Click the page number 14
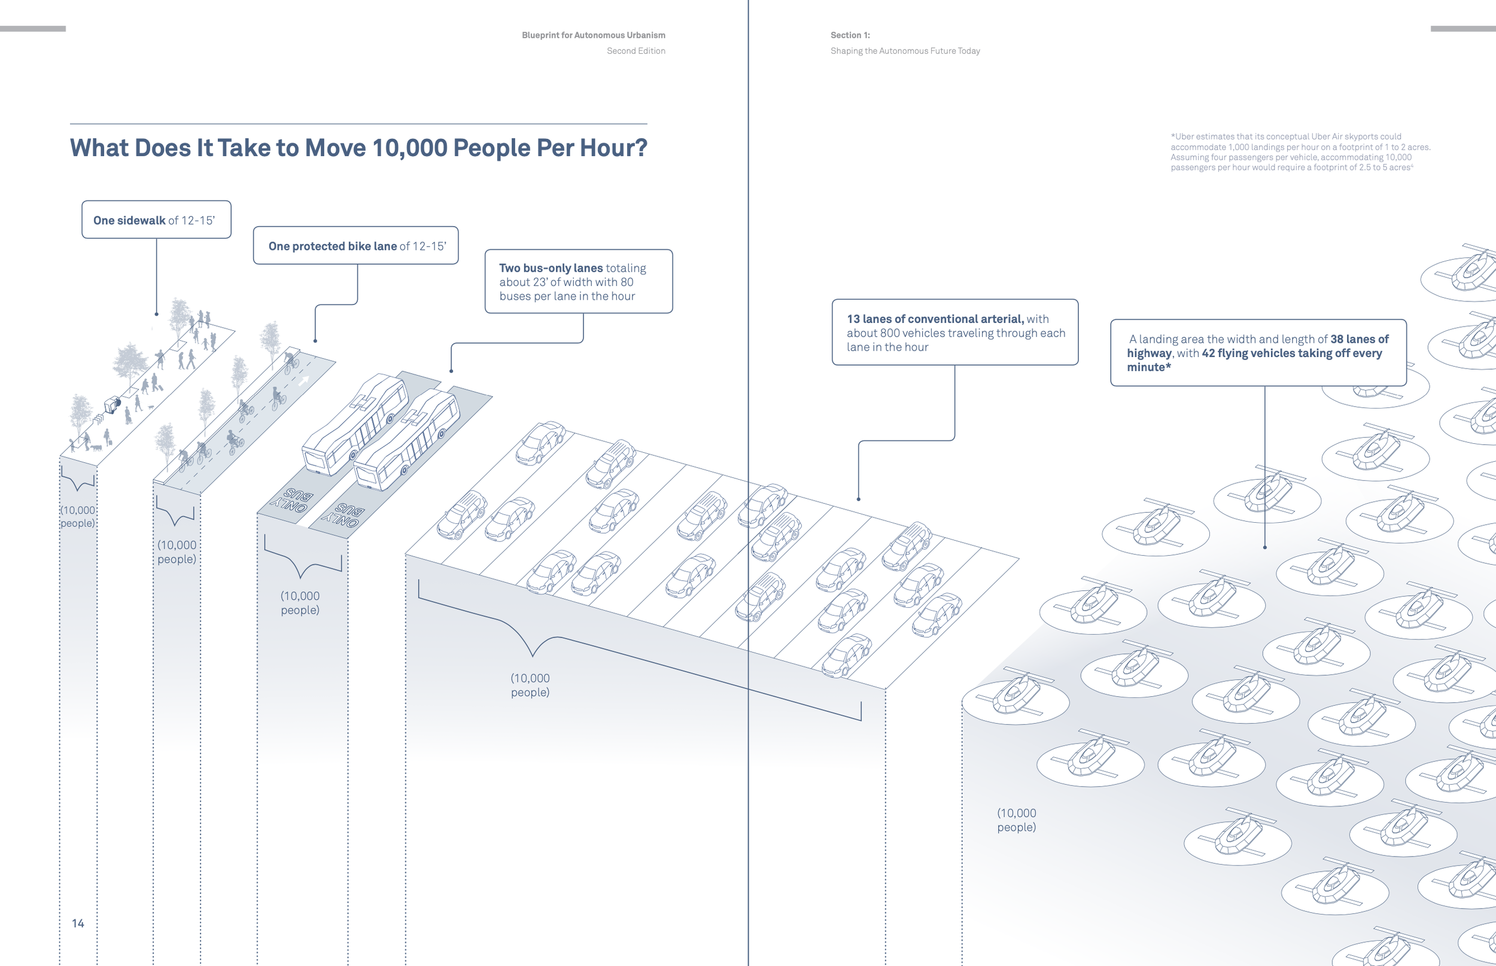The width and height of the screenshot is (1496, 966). pyautogui.click(x=78, y=923)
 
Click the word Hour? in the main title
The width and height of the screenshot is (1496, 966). pyautogui.click(x=613, y=148)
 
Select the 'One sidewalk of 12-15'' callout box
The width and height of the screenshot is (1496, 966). pyautogui.click(x=156, y=220)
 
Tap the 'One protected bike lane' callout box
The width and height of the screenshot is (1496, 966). pyautogui.click(x=356, y=245)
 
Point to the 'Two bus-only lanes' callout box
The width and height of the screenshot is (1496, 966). pyautogui.click(x=578, y=282)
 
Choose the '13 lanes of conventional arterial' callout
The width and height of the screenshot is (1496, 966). pyautogui.click(x=954, y=333)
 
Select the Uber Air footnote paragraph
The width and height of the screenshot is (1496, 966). pyautogui.click(x=1300, y=152)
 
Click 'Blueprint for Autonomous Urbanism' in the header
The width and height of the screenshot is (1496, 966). pyautogui.click(x=593, y=35)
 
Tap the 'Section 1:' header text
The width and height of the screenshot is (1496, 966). pyautogui.click(x=850, y=35)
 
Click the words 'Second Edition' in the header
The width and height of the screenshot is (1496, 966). pyautogui.click(x=636, y=51)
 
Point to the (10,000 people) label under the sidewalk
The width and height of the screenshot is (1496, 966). pyautogui.click(x=78, y=516)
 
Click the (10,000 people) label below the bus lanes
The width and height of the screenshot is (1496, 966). pyautogui.click(x=300, y=603)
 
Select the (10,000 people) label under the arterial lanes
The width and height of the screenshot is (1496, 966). pyautogui.click(x=530, y=685)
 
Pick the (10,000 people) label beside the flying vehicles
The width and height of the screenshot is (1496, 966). pyautogui.click(x=1017, y=820)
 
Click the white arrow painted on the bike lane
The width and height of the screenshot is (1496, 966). pyautogui.click(x=305, y=380)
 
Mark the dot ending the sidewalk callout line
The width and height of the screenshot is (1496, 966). pyautogui.click(x=156, y=313)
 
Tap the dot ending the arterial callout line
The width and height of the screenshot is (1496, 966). pyautogui.click(x=859, y=499)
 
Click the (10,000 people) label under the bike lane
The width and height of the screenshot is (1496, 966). pyautogui.click(x=177, y=552)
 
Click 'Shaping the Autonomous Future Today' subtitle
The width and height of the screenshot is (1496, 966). pyautogui.click(x=905, y=51)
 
